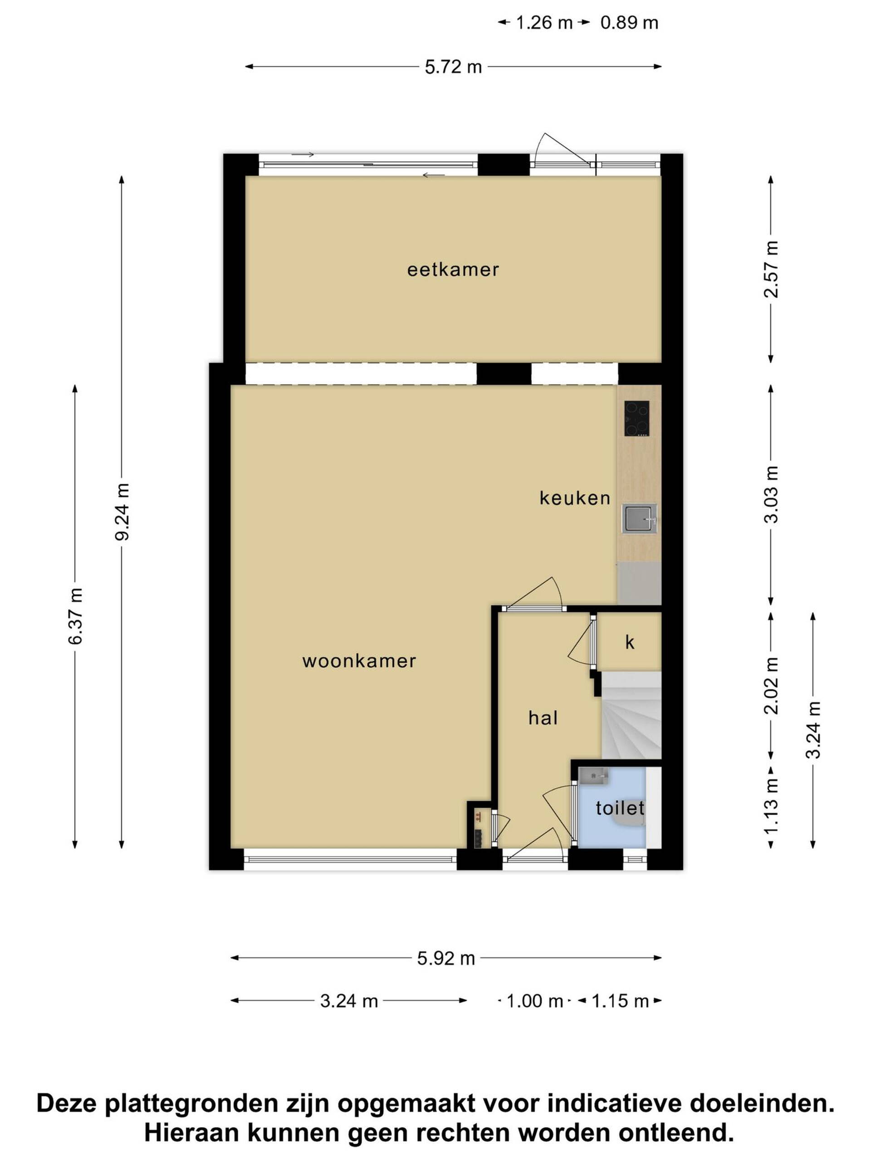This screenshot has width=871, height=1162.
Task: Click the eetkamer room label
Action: (x=453, y=270)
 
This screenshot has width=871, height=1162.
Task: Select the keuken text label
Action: (x=575, y=497)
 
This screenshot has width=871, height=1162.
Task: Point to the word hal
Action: (x=543, y=718)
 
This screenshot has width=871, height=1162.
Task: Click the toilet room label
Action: (x=620, y=807)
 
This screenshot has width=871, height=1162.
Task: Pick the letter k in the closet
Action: (x=630, y=642)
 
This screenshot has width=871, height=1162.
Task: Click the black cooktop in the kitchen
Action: (x=636, y=419)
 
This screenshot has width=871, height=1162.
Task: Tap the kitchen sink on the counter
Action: (x=639, y=518)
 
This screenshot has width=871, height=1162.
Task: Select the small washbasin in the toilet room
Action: (x=593, y=775)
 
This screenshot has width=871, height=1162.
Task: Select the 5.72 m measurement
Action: (x=453, y=67)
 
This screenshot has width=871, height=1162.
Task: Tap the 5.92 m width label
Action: (x=446, y=959)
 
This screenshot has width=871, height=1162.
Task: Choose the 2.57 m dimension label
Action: (x=771, y=270)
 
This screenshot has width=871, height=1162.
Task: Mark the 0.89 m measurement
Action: (x=629, y=23)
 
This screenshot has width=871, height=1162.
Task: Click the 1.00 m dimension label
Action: (x=534, y=1001)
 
